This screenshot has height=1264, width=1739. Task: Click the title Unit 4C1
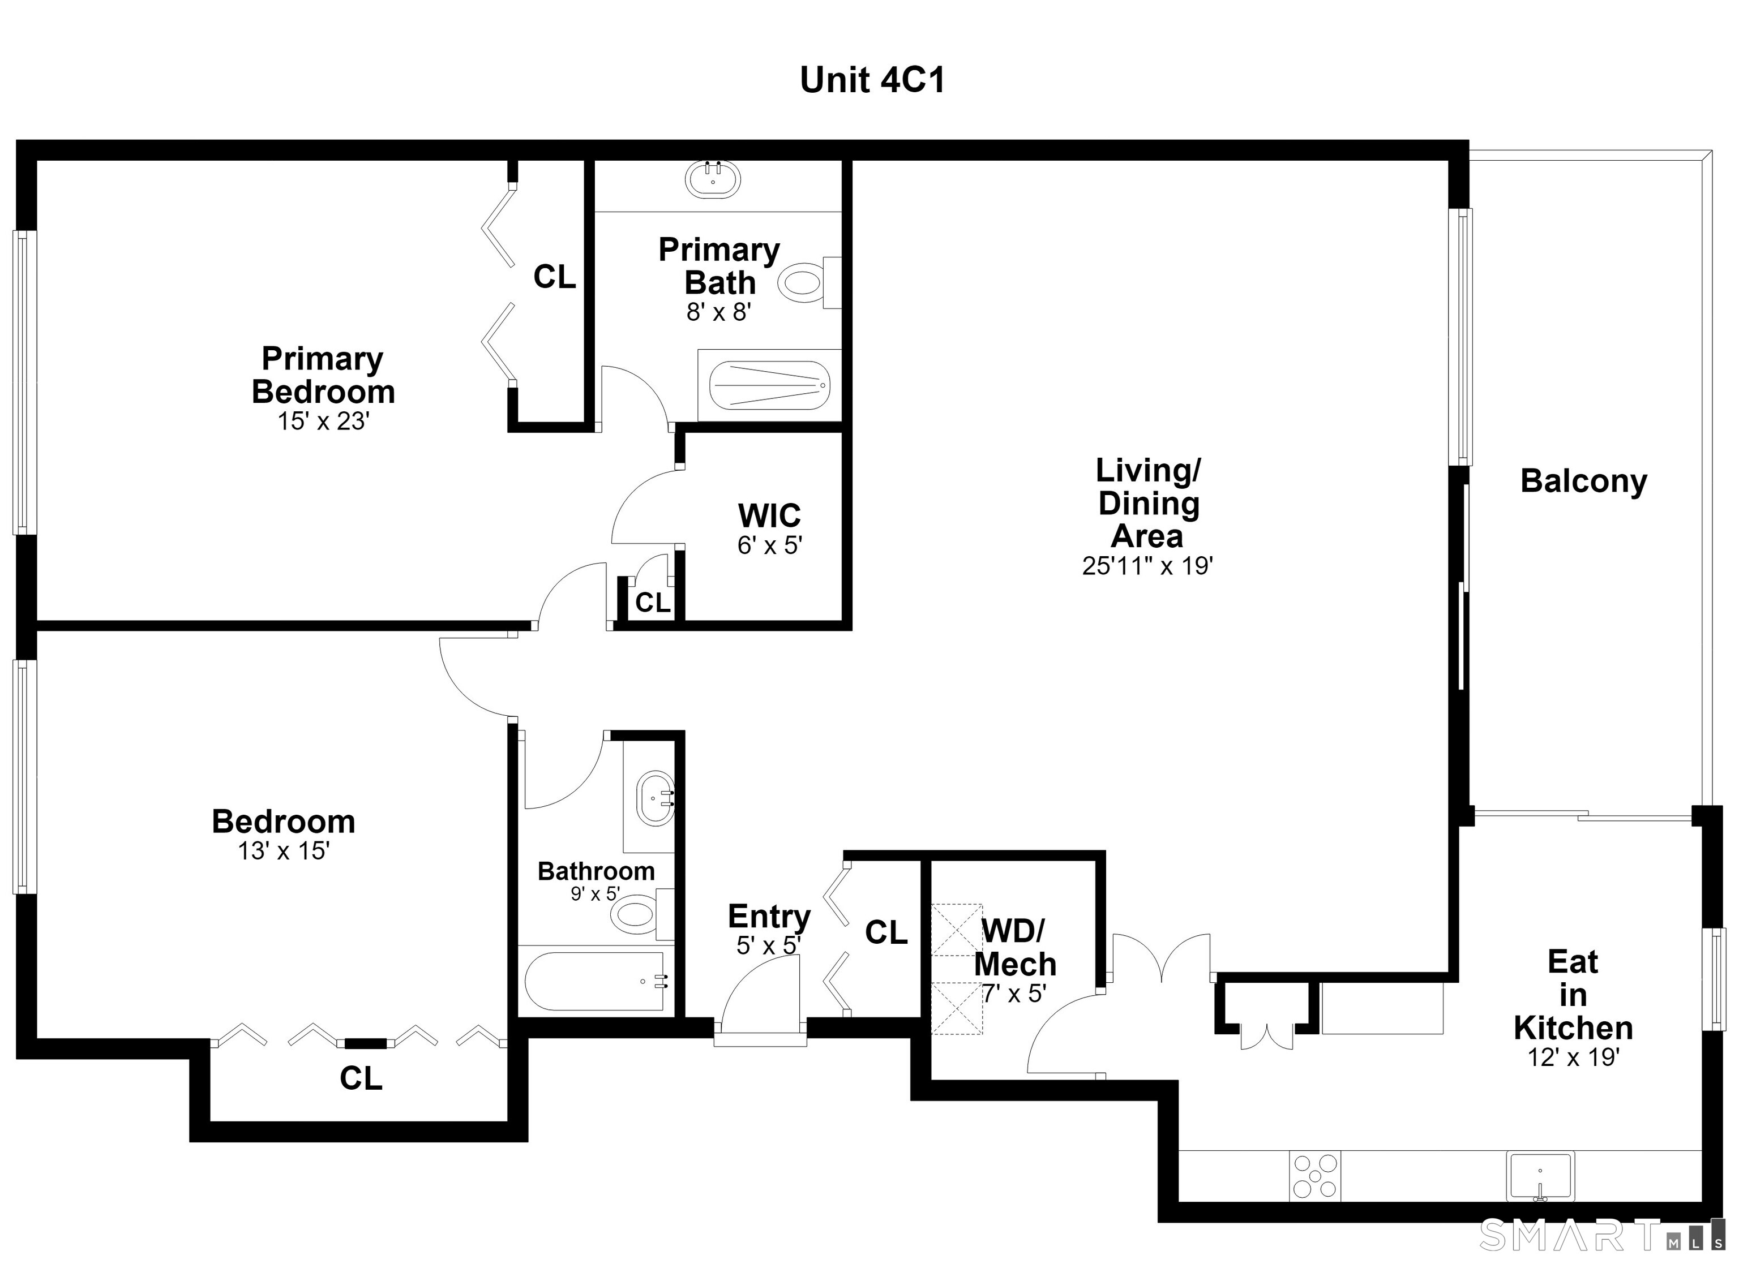[x=872, y=80]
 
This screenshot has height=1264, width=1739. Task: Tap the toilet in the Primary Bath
[x=809, y=283]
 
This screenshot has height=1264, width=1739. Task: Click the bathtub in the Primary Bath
[x=769, y=385]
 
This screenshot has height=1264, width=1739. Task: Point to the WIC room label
[x=769, y=515]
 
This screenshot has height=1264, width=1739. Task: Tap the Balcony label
[x=1584, y=481]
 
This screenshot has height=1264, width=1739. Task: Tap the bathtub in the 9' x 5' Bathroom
[x=594, y=981]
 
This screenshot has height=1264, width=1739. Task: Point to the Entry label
[x=769, y=916]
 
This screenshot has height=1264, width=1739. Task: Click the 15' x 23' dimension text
[x=324, y=421]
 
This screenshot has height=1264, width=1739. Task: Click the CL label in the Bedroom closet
[x=361, y=1078]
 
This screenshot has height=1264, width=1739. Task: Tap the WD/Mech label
[x=1014, y=947]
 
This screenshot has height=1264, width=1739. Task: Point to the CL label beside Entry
[x=886, y=932]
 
